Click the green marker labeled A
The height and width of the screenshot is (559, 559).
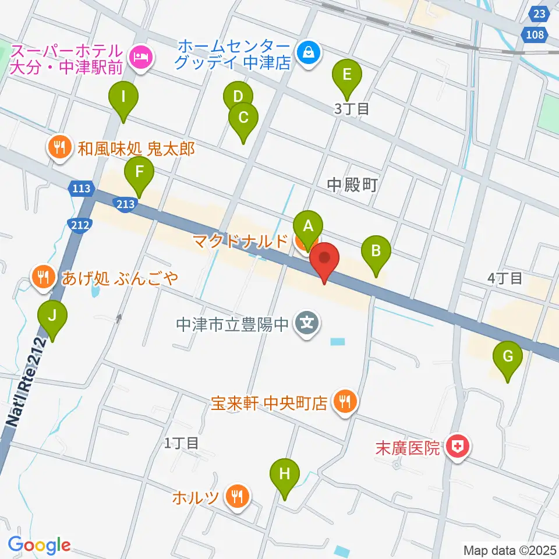[x=308, y=225]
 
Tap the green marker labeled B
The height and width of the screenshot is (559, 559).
[x=376, y=252]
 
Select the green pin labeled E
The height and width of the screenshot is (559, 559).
[x=346, y=75]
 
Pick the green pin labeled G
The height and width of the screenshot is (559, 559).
[x=507, y=356]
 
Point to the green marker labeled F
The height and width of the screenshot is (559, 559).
[x=139, y=173]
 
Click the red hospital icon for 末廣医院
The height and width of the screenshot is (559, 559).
[x=457, y=448]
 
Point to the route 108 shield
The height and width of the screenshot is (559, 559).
[x=539, y=35]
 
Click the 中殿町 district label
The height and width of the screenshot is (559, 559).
[x=352, y=185]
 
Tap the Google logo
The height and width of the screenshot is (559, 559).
[x=40, y=544]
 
